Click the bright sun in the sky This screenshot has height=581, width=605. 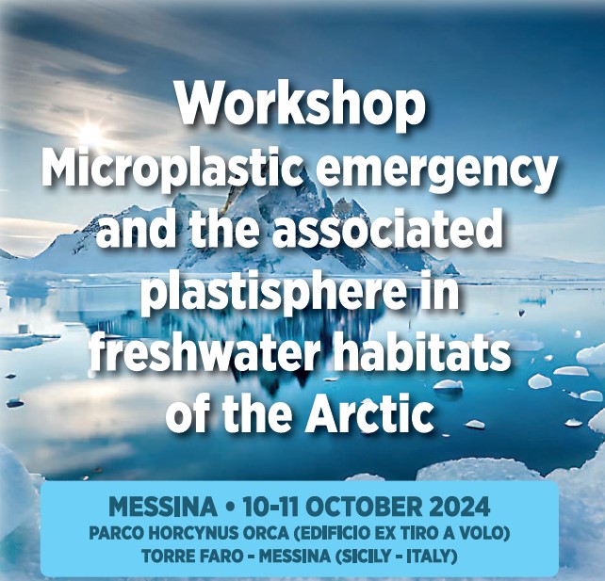[91, 132]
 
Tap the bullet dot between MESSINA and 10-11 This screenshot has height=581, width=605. [230, 508]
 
